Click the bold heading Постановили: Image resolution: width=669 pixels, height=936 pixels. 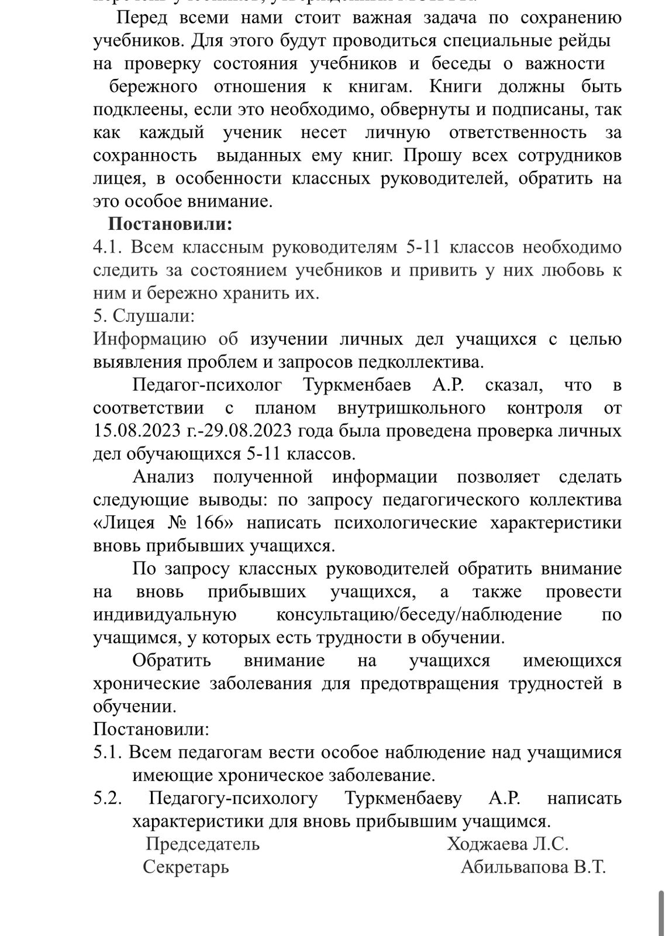coord(170,225)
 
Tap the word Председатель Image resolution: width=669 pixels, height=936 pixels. coord(202,844)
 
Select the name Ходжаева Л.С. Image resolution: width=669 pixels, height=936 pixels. coord(508,844)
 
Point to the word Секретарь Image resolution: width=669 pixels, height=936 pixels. coord(186,867)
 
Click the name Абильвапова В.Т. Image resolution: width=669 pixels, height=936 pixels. coord(533,867)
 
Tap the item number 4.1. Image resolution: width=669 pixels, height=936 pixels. coord(107,247)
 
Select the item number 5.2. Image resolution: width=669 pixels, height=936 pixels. coord(107,799)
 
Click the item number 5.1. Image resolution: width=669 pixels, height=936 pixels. coord(107,752)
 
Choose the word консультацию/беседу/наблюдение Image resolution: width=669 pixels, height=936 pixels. coord(419,615)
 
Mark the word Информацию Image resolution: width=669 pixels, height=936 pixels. coord(149,339)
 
